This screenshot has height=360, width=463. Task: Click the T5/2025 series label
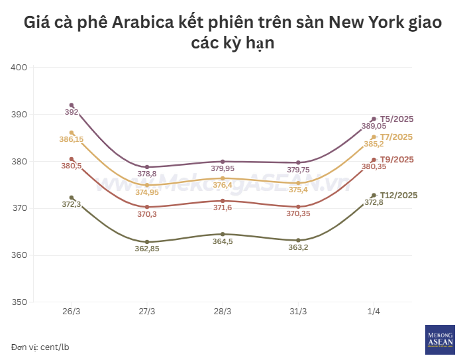(x=397, y=119)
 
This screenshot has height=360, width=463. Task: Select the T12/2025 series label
(x=399, y=195)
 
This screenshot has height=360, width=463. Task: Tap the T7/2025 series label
(x=397, y=137)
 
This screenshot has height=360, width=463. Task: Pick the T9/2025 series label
(x=397, y=160)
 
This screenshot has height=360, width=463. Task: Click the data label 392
(x=72, y=112)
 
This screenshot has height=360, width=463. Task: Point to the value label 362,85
(x=146, y=249)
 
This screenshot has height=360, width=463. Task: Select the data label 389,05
(x=374, y=126)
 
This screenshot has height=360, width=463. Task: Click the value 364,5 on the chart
(x=223, y=241)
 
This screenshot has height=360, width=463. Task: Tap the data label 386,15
(x=72, y=140)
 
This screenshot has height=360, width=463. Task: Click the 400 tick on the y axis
(x=19, y=68)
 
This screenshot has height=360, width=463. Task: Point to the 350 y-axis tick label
(x=19, y=302)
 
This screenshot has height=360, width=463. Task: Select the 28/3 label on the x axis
(x=223, y=312)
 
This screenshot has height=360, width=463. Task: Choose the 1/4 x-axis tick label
(x=374, y=312)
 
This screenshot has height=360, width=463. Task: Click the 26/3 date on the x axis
(x=72, y=312)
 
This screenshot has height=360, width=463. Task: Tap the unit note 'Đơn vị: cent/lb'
(x=40, y=347)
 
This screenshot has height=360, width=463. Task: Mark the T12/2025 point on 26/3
(x=72, y=198)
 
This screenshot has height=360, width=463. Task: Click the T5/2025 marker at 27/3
(x=147, y=167)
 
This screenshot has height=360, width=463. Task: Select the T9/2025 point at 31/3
(x=298, y=207)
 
